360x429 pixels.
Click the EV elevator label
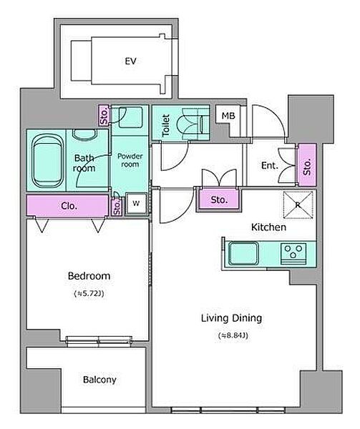tap(130, 61)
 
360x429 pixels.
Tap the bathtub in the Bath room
tap(47, 161)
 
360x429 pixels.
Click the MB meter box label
tap(228, 116)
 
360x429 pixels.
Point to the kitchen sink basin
tap(243, 253)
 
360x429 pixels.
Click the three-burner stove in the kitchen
tap(293, 254)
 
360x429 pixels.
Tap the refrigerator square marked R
tap(298, 205)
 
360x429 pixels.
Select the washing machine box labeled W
tap(136, 203)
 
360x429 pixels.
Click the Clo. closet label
tap(69, 206)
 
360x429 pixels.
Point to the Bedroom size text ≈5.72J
tap(89, 294)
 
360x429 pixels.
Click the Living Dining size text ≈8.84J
tap(233, 335)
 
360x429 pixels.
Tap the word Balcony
tap(99, 380)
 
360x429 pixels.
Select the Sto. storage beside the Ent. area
tap(307, 164)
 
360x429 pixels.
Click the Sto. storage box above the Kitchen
tap(219, 199)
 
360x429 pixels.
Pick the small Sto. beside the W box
tap(117, 207)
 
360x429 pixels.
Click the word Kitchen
tap(268, 227)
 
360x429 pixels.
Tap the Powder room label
tap(130, 160)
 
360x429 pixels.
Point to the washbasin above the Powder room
tap(131, 117)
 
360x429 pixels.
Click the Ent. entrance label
tap(269, 165)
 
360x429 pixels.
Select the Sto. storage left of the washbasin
tap(104, 116)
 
